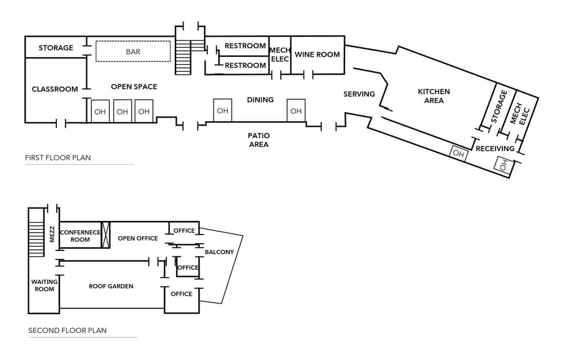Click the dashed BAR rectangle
(x=133, y=51)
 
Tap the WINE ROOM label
(x=317, y=54)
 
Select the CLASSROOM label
(x=55, y=89)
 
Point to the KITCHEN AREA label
(x=434, y=96)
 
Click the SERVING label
(x=359, y=94)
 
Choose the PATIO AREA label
(x=259, y=140)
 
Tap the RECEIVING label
(x=495, y=149)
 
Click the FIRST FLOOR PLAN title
(x=58, y=158)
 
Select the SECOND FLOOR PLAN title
(x=67, y=331)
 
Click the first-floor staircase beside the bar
(x=183, y=57)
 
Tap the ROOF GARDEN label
(x=111, y=286)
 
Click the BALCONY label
(x=219, y=252)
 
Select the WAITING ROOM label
(x=44, y=285)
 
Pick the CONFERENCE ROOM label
(x=80, y=236)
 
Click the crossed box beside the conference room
(x=105, y=234)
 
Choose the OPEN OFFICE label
(x=138, y=238)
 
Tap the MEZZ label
(x=53, y=234)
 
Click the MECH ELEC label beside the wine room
(x=280, y=54)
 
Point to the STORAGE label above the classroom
(x=56, y=48)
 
